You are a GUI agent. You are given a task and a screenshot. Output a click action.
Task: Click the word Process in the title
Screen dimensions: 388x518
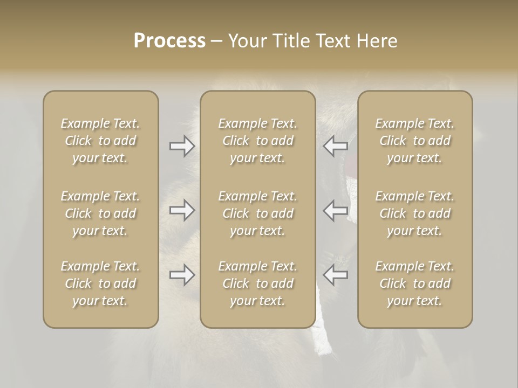[169, 41]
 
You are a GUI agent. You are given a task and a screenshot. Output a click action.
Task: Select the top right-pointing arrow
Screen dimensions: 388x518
[182, 146]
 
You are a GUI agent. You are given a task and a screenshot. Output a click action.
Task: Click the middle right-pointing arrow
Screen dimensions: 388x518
[182, 210]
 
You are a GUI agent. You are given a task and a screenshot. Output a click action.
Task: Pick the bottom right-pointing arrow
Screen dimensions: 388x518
[182, 275]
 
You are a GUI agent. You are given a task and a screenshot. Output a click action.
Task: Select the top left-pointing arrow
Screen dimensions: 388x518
[335, 146]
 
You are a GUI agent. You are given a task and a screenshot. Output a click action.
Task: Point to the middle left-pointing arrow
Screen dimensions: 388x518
[335, 210]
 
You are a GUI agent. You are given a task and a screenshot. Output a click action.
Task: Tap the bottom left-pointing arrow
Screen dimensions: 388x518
[335, 275]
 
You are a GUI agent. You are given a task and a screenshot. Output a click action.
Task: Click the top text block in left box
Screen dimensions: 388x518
[100, 141]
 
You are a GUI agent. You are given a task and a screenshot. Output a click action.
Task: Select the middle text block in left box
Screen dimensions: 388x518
[100, 213]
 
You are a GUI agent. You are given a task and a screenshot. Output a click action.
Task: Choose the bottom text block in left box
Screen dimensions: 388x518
[100, 283]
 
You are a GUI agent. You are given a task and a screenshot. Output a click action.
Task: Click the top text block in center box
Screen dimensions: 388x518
[257, 141]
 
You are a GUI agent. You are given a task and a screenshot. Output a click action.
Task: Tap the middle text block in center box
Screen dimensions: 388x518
[257, 213]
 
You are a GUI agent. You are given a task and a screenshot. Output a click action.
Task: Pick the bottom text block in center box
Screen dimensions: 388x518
[257, 283]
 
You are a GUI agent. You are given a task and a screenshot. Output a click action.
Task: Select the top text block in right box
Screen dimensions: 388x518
[415, 141]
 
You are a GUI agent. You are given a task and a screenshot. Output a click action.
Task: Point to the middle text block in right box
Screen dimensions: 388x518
[415, 213]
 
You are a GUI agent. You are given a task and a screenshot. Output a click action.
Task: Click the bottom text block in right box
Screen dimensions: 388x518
[415, 283]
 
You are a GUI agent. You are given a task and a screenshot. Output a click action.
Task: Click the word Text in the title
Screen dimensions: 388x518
[331, 41]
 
